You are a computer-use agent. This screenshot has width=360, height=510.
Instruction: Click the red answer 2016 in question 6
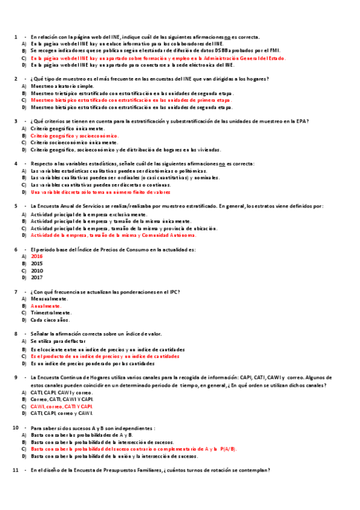coord(37,256)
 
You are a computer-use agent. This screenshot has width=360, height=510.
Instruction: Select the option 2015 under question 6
coord(37,263)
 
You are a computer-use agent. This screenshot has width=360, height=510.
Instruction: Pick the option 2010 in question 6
coord(37,271)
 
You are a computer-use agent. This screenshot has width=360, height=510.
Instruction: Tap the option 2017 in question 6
coord(37,278)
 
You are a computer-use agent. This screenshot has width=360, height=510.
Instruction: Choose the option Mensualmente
coord(49,298)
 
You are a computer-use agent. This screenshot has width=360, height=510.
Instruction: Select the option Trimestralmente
coord(51,313)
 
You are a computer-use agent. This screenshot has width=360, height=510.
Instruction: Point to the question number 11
coord(16,470)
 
